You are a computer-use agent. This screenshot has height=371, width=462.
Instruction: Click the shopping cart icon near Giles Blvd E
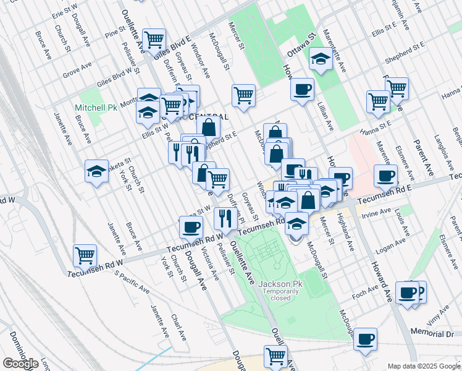(x=154, y=40)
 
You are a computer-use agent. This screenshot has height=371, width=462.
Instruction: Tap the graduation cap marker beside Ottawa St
(x=320, y=60)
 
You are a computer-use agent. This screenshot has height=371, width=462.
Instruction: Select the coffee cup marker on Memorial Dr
(x=365, y=338)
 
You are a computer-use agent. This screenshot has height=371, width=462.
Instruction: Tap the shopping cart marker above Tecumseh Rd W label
(x=85, y=255)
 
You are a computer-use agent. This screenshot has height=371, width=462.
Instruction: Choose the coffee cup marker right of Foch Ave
(x=408, y=292)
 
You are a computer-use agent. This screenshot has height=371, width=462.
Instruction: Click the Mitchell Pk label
(x=96, y=108)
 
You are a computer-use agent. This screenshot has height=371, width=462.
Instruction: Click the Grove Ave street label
(x=77, y=74)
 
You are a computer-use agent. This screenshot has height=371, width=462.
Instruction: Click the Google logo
(x=20, y=364)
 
